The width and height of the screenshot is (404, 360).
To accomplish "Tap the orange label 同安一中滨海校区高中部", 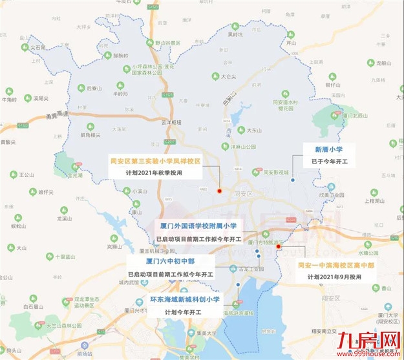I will click(334, 265).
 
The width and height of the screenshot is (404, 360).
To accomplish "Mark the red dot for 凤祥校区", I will click(220, 191).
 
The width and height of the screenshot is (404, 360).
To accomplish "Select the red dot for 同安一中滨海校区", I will click(278, 246).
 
